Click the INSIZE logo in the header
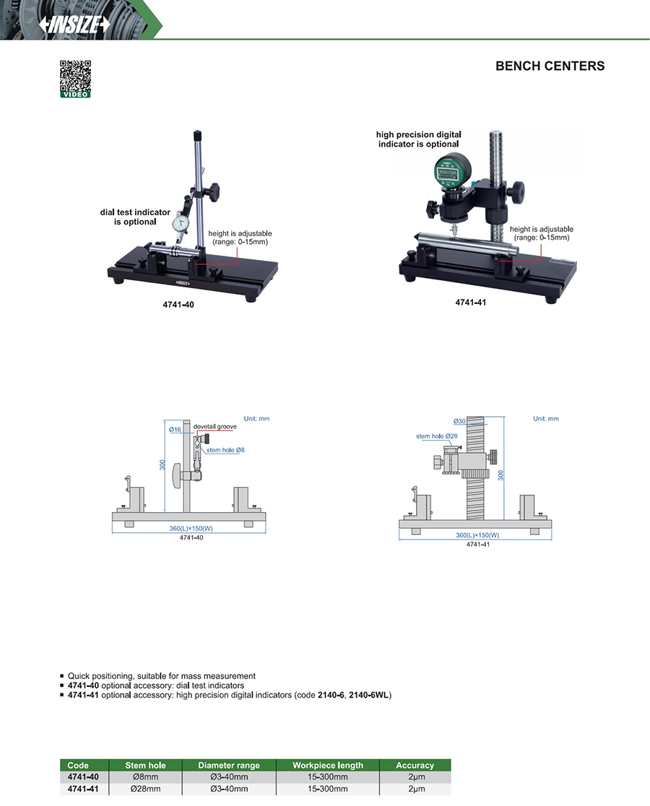[74, 24]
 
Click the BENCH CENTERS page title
[550, 66]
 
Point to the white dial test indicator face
[181, 223]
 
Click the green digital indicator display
[447, 173]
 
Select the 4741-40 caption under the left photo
[178, 304]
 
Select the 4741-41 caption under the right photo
[471, 302]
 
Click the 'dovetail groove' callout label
[214, 427]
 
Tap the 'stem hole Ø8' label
[225, 450]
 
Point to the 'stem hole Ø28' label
[437, 436]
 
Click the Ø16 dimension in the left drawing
[175, 429]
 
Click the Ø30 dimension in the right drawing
[459, 421]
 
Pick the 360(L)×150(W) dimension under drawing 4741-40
[191, 529]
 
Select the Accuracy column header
[415, 766]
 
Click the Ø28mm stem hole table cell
[145, 789]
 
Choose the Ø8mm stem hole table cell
[145, 776]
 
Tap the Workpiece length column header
[328, 766]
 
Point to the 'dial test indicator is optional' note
[135, 217]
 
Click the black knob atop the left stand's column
[196, 135]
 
